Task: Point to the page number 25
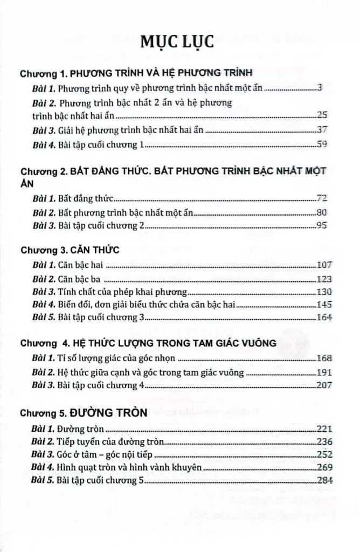coord(319,115)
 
